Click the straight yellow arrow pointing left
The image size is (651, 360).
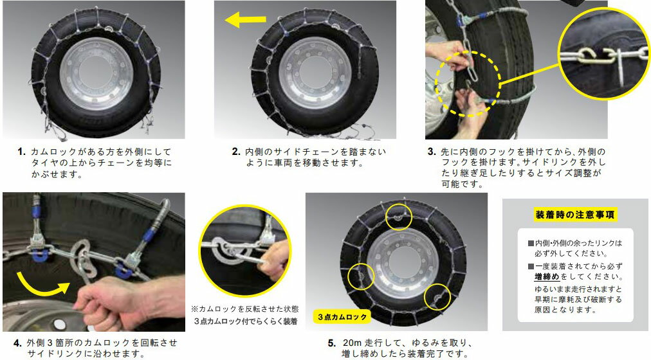click(245, 19)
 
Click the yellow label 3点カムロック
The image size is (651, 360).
click(342, 317)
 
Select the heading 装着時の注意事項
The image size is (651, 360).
click(574, 215)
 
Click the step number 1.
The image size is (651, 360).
click(22, 152)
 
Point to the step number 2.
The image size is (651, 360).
click(236, 152)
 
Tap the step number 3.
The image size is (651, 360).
click(432, 152)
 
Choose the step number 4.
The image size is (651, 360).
click(17, 343)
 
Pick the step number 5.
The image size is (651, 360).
click(331, 343)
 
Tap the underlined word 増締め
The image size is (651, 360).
click(547, 276)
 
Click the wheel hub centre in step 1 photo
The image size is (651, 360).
click(96, 74)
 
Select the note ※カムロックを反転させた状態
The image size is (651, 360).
click(245, 309)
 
